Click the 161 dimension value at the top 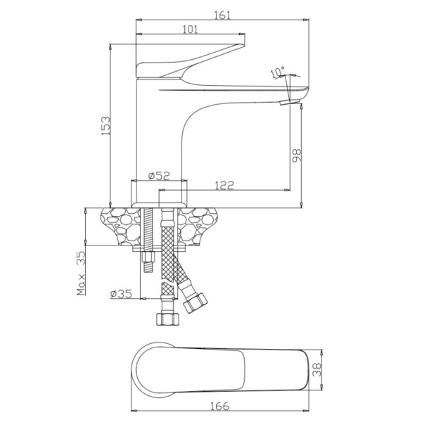[222, 15]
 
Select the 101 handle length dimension [191, 30]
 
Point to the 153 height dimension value [105, 126]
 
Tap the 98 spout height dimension [296, 155]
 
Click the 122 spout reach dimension [224, 185]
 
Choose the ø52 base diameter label [159, 176]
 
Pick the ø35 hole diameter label [121, 293]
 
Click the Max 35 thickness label [81, 273]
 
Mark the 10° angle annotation [278, 72]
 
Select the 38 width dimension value [317, 370]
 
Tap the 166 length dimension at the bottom [219, 406]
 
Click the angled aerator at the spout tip [290, 102]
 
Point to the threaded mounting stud [148, 241]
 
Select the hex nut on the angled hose [196, 302]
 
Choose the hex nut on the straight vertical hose [167, 319]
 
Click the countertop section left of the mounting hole [120, 226]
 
